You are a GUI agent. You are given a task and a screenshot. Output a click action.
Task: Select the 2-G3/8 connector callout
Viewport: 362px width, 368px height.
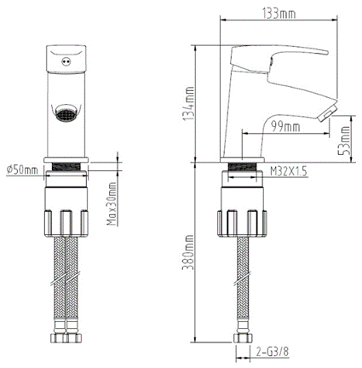tap(273, 348)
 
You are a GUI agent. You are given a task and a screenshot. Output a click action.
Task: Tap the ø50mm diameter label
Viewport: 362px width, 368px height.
tap(21, 170)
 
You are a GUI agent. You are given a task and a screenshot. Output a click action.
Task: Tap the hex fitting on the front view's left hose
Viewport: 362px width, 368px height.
tap(60, 339)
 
